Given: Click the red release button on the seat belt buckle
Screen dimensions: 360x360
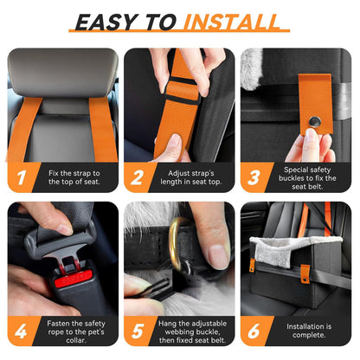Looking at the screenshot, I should [x=70, y=283].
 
